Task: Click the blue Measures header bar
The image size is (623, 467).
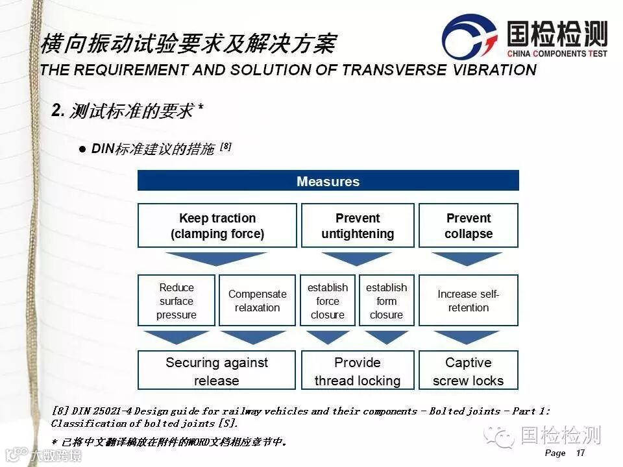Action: [328, 181]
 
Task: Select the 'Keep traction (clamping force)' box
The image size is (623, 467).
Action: [217, 226]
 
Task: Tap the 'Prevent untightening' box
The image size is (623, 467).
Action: [358, 226]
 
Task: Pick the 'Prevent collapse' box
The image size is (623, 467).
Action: [469, 226]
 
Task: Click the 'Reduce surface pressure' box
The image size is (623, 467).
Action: [177, 301]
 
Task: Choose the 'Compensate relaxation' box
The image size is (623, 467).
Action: [258, 301]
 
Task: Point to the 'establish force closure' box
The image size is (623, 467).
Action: [328, 301]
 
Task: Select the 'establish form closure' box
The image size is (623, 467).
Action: [386, 301]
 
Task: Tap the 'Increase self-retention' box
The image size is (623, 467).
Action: [469, 301]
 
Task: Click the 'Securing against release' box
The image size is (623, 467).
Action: [217, 371]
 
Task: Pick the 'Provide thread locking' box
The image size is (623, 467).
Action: [358, 371]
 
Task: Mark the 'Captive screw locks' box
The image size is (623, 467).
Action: [469, 371]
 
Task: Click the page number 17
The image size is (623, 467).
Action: [580, 453]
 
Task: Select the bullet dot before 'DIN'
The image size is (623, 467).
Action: [82, 149]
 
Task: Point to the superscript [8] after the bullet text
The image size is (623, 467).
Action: [226, 147]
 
